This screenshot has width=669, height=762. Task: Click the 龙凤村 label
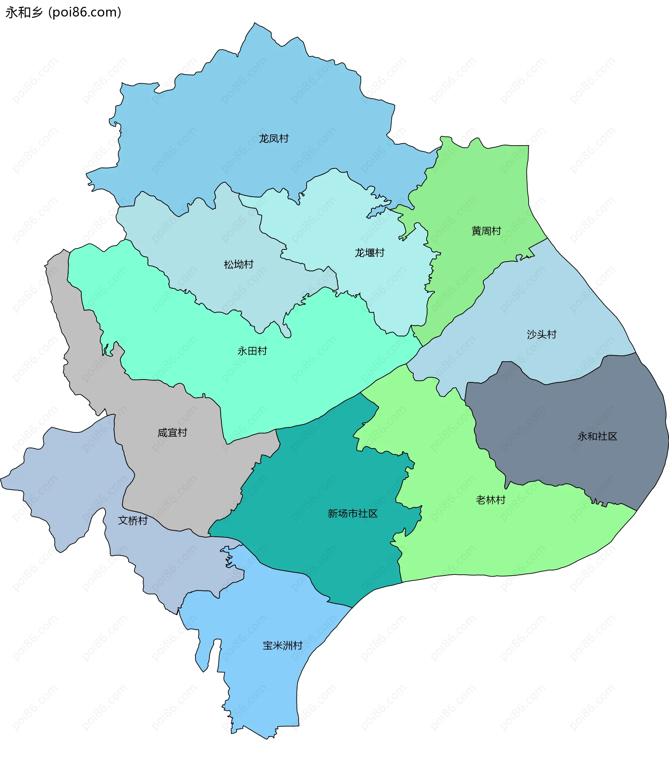(x=274, y=139)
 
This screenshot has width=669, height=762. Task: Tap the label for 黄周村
(x=486, y=231)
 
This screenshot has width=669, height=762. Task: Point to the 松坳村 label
(x=238, y=264)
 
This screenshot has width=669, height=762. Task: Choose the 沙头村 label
(x=541, y=334)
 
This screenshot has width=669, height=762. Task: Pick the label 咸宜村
(x=172, y=433)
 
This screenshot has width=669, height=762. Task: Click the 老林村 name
(x=490, y=500)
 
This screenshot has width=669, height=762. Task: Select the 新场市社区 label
(x=352, y=514)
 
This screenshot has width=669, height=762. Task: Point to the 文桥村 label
(x=133, y=521)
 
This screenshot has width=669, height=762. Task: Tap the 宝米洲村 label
(x=282, y=646)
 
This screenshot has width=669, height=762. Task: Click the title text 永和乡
(x=24, y=12)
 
